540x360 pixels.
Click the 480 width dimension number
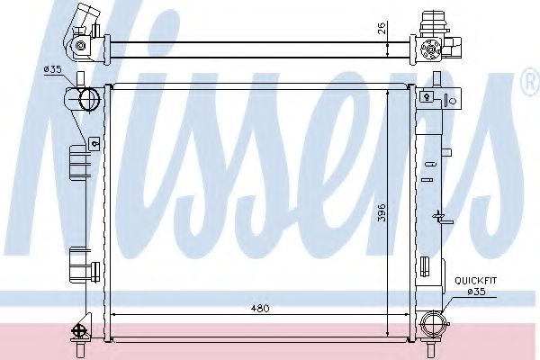(x=259, y=309)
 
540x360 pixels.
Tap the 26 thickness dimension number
(x=382, y=27)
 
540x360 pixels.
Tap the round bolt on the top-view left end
(x=81, y=45)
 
